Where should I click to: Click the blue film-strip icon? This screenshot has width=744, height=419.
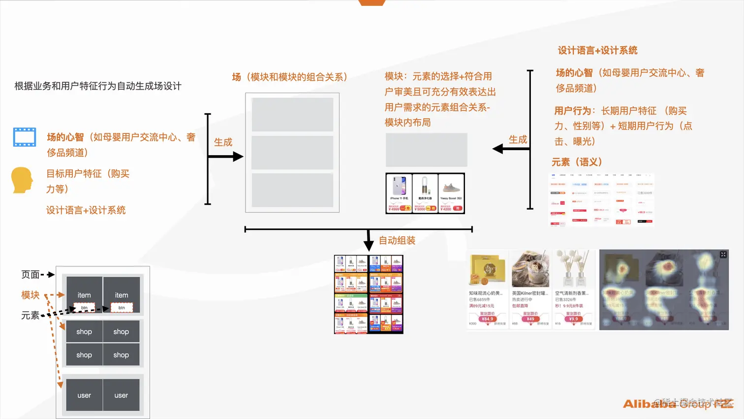tap(25, 137)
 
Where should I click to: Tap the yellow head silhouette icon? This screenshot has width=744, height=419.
tap(22, 180)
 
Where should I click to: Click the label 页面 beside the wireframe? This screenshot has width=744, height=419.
tap(31, 275)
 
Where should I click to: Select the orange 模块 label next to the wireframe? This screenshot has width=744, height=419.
tap(30, 295)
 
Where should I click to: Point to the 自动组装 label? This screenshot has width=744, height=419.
tap(397, 240)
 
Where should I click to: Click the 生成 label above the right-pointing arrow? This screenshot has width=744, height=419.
tap(223, 142)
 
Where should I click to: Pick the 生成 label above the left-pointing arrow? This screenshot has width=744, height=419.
tap(518, 140)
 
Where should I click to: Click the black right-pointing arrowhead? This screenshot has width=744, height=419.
tap(238, 157)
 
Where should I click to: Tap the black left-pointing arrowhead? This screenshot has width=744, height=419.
tap(497, 149)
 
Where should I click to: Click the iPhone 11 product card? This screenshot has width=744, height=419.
tap(399, 193)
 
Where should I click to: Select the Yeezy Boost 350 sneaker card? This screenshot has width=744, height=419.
tap(451, 193)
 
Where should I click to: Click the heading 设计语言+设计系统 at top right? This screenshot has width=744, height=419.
tap(597, 50)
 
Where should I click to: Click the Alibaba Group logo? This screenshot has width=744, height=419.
tap(678, 404)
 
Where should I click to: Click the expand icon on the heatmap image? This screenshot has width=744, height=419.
tap(723, 255)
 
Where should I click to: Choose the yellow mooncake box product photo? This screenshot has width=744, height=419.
tap(487, 270)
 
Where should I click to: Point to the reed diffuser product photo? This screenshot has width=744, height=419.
tap(573, 269)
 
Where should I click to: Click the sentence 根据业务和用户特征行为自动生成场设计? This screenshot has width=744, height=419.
tap(98, 86)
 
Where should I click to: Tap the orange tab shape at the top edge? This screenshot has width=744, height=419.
tap(372, 2)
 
